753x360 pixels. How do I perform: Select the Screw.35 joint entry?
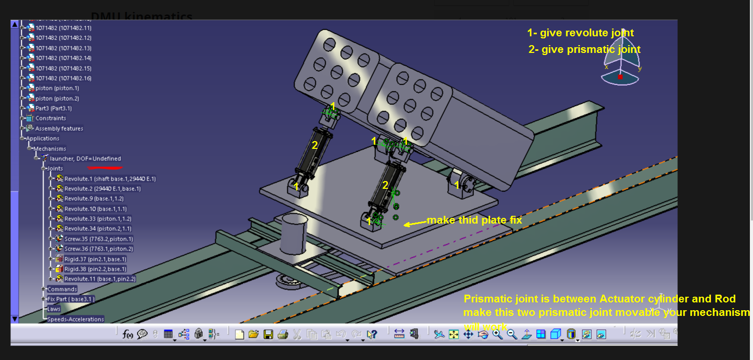point(99,239)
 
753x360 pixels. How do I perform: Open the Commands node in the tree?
point(62,289)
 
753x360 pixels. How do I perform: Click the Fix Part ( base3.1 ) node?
point(71,299)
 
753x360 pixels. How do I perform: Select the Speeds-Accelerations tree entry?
point(75,319)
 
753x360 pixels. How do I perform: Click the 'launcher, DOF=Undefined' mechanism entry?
point(85,159)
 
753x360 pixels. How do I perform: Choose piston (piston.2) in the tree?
point(57,98)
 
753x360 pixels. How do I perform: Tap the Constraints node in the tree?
point(51,118)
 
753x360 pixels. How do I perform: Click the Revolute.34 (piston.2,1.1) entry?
point(97,229)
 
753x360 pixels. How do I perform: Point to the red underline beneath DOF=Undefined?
point(105,168)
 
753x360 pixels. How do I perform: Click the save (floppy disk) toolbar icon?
point(268,334)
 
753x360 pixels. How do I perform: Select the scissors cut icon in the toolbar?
point(297,334)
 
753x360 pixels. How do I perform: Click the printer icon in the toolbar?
point(283,334)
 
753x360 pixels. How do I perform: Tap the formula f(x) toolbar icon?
point(128,334)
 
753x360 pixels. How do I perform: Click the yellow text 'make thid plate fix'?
point(474,220)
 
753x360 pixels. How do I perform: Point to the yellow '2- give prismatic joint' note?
point(584,49)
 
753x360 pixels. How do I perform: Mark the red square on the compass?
point(620,77)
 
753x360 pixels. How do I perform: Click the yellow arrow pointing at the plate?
point(414,224)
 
